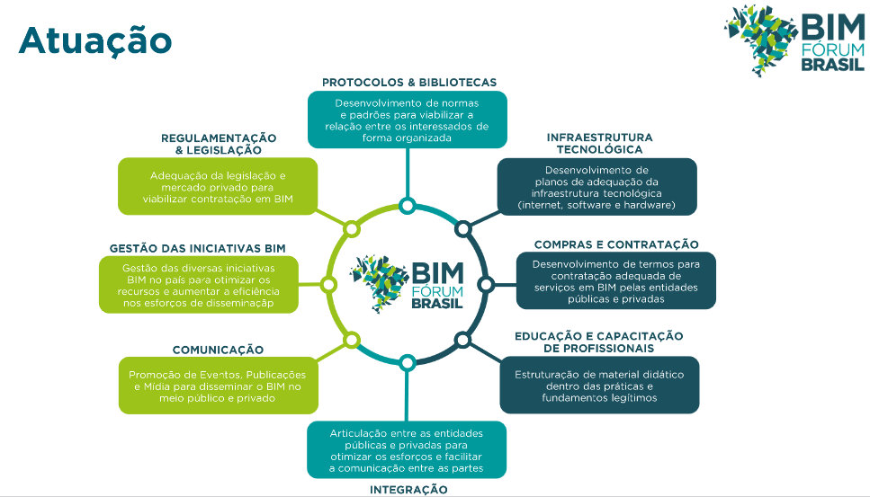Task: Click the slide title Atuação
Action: click(94, 40)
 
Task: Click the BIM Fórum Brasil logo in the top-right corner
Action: click(795, 40)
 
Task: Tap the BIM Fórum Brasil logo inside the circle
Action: click(408, 283)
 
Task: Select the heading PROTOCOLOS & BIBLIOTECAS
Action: click(409, 82)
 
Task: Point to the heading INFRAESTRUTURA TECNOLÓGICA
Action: click(599, 144)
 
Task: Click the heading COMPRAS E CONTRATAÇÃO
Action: click(616, 244)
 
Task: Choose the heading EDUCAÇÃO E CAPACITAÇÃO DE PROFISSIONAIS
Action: click(598, 342)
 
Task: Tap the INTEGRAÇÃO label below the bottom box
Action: click(408, 490)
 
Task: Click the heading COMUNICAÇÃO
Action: click(218, 350)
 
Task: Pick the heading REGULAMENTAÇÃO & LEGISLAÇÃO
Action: click(219, 144)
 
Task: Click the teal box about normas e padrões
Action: click(407, 120)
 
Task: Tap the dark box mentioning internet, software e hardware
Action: click(597, 188)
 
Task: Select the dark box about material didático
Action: click(599, 386)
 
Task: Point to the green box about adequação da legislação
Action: click(218, 187)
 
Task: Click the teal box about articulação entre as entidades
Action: click(407, 450)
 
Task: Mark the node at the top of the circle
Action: click(408, 207)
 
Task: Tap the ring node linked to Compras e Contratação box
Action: click(486, 285)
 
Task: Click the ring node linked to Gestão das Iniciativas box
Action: click(329, 285)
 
